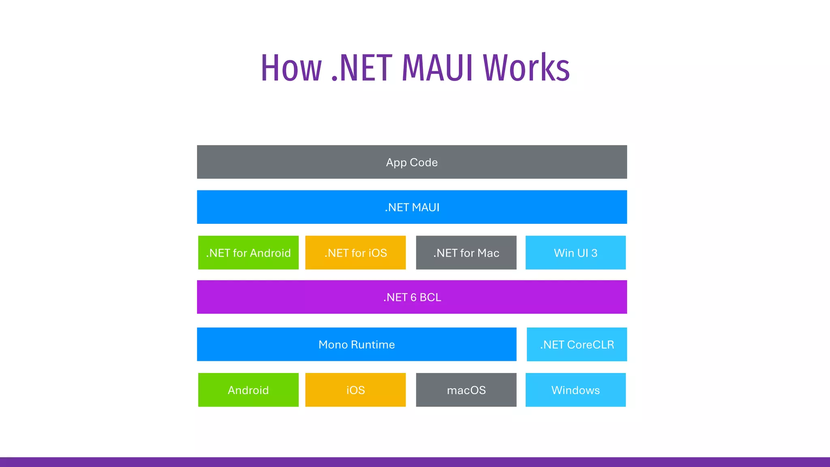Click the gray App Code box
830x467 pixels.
tap(412, 162)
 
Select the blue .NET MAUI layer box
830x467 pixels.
tap(412, 207)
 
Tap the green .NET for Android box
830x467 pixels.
tap(248, 253)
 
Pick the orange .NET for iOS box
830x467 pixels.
tap(355, 253)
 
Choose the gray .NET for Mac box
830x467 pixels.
tap(466, 253)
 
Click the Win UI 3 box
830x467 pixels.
tap(575, 253)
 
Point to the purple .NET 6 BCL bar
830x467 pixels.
tap(412, 297)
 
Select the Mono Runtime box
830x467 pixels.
tap(357, 345)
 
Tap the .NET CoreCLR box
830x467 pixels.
tap(577, 345)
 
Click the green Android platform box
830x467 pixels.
tap(248, 390)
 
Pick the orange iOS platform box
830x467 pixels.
tap(355, 390)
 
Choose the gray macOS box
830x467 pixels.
tap(466, 390)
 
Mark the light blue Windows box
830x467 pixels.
tap(575, 390)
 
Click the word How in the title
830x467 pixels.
tap(291, 68)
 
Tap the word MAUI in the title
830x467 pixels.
tap(437, 68)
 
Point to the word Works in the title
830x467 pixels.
tap(526, 68)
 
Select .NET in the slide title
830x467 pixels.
tap(362, 68)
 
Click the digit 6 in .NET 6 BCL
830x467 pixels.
tap(413, 298)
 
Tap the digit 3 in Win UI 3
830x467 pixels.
tap(594, 253)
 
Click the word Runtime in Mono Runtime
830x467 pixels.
tap(373, 345)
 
